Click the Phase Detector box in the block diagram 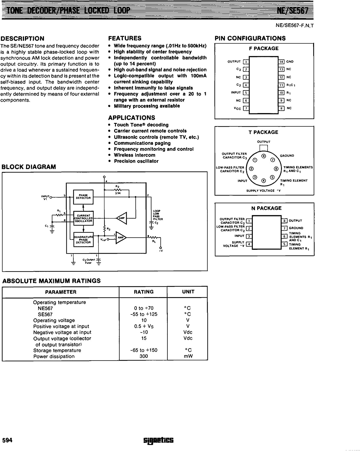tap(83, 197)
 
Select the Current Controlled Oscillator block tap(83, 218)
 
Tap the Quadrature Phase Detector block tap(83, 240)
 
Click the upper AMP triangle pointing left tap(122, 218)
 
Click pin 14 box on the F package tap(281, 62)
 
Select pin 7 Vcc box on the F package tap(246, 108)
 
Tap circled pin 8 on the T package tap(264, 156)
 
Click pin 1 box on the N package tap(249, 221)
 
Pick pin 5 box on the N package tap(284, 244)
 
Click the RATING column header tap(143, 292)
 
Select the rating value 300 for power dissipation tap(144, 356)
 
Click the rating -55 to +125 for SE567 tap(144, 314)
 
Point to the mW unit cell tap(188, 356)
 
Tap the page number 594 tap(7, 440)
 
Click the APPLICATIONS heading tap(132, 118)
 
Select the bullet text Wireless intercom tap(134, 155)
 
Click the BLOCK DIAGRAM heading tap(29, 167)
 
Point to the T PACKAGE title tap(264, 132)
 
